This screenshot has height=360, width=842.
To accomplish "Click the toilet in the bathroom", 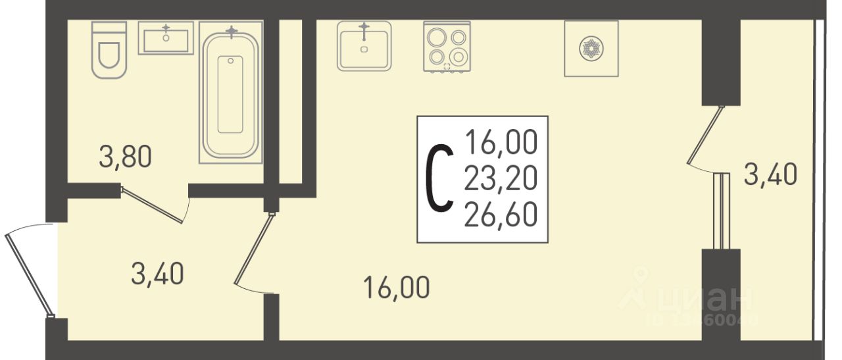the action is tap(109, 50).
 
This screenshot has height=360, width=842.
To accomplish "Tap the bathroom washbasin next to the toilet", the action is tap(165, 38).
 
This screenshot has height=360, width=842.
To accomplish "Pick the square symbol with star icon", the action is tap(591, 48).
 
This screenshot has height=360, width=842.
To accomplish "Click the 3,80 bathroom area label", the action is tap(125, 157).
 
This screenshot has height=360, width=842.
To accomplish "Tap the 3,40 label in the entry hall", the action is tap(157, 274).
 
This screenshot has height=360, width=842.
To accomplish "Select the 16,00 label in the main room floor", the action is tap(396, 288).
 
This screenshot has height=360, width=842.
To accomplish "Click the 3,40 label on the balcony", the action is tap(770, 176).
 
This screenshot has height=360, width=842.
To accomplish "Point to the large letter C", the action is tap(439, 178).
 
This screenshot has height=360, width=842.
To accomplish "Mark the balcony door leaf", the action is tap(705, 135).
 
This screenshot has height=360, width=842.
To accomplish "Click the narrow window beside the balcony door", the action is tap(722, 211).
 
